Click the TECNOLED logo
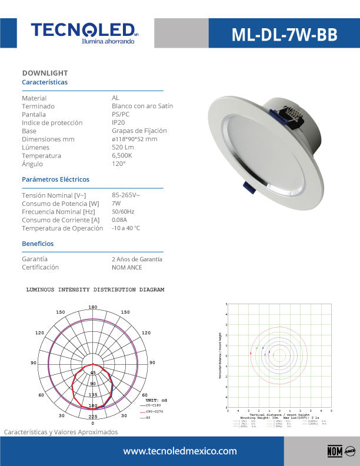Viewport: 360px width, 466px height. coord(84,31)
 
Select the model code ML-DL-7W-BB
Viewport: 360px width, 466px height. coord(284,35)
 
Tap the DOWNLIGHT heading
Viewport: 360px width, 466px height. coord(45,73)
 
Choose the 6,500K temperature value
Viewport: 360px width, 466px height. coord(122,155)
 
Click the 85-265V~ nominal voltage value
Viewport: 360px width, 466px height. coord(126,195)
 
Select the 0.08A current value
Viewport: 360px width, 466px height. coord(120,219)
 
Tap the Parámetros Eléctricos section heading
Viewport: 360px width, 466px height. coord(55,179)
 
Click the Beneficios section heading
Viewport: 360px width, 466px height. coord(38,243)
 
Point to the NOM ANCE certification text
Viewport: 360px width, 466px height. coord(126,267)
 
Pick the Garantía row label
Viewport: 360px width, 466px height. coord(35,259)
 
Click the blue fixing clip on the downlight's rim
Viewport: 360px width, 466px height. coord(248,188)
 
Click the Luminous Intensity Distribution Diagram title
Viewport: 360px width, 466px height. coord(95,290)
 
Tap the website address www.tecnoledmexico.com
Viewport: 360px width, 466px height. coord(179,451)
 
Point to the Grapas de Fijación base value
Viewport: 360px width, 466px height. coord(139,131)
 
